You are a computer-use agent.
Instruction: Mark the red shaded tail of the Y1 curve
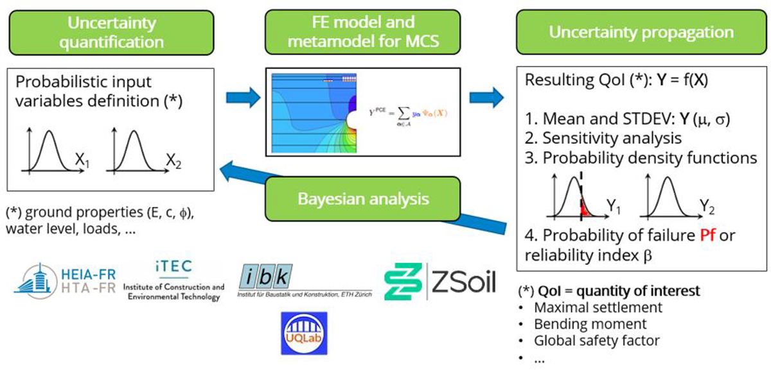(585, 209)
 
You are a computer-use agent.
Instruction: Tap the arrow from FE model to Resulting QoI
(486, 98)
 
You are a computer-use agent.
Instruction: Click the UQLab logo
(304, 333)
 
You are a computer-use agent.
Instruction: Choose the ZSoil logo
(440, 282)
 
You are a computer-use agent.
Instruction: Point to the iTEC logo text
(173, 266)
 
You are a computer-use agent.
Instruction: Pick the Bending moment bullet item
(590, 324)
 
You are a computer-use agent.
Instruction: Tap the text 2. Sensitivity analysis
(603, 137)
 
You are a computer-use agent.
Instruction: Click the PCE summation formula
(409, 113)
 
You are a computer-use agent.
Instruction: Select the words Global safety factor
(597, 340)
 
